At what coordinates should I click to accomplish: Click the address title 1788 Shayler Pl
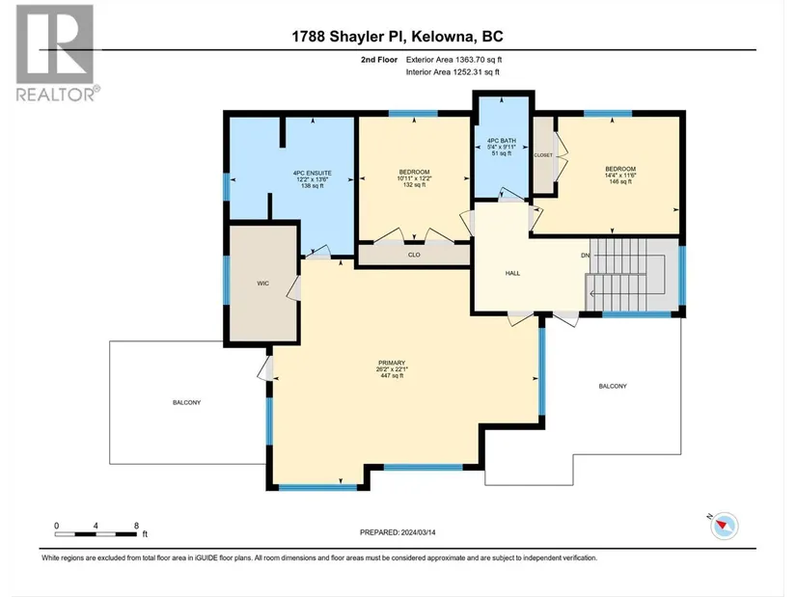(x=348, y=37)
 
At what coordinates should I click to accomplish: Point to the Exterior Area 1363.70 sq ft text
(x=453, y=60)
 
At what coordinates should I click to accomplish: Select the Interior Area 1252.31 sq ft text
(x=453, y=72)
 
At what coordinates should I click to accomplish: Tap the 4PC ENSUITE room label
(x=313, y=173)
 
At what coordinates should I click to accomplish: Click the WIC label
(x=263, y=284)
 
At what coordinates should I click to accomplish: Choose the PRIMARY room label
(x=392, y=363)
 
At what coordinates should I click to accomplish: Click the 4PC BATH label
(x=502, y=141)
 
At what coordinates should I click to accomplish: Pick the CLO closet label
(x=414, y=255)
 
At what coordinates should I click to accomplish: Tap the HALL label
(x=512, y=273)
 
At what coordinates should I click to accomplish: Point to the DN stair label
(x=586, y=256)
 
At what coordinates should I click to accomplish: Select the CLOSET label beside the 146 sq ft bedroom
(x=543, y=155)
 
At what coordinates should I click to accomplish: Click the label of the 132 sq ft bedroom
(x=414, y=172)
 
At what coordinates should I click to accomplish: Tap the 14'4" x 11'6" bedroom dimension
(x=620, y=176)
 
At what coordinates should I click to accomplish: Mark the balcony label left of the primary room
(x=187, y=402)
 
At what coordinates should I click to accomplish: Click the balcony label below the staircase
(x=613, y=387)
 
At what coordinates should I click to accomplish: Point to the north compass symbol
(x=724, y=526)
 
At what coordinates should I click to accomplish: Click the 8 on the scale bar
(x=136, y=526)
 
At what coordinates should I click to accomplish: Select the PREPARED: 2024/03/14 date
(x=398, y=532)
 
